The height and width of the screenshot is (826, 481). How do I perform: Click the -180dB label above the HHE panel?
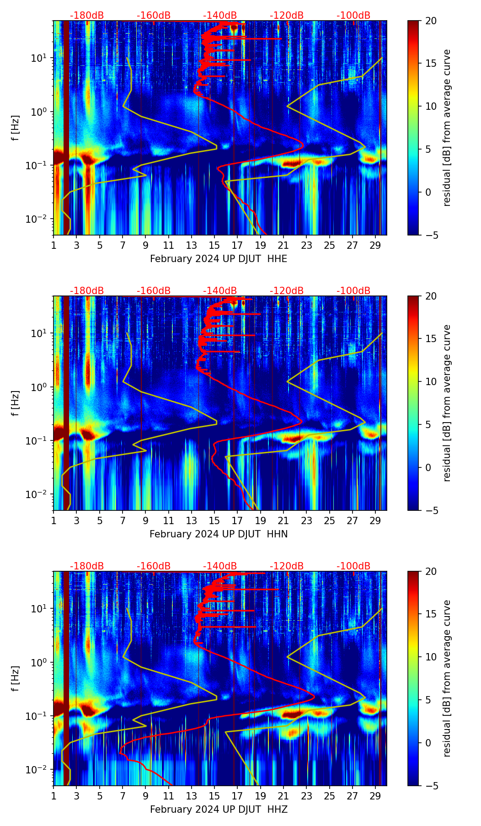click(87, 16)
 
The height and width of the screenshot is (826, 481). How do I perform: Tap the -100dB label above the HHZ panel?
click(353, 566)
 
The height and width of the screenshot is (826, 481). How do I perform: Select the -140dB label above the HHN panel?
click(220, 291)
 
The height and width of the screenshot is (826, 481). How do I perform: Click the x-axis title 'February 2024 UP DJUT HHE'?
click(219, 259)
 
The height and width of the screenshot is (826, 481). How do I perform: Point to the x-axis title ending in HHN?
click(219, 534)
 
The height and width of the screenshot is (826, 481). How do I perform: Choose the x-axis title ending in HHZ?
click(219, 810)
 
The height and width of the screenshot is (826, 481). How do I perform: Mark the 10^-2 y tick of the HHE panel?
click(38, 219)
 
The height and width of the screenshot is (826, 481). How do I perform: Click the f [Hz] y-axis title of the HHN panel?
click(16, 403)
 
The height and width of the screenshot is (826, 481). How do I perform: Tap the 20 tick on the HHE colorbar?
click(431, 21)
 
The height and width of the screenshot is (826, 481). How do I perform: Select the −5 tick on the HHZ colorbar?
click(431, 786)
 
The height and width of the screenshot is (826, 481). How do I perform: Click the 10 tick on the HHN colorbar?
click(431, 381)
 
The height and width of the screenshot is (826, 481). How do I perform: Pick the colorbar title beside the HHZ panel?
click(447, 678)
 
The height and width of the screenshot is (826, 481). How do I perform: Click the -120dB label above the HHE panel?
click(287, 16)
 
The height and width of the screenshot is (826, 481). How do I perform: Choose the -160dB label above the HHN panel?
click(154, 291)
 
